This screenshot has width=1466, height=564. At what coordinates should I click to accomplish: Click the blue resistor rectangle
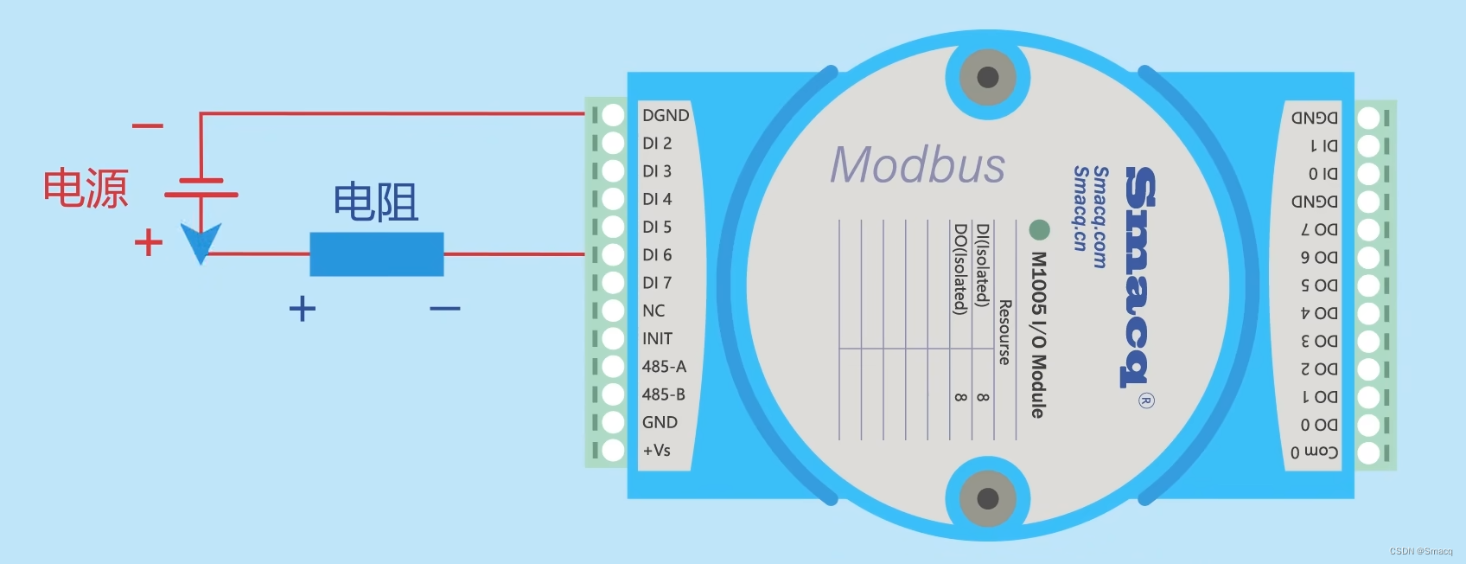click(377, 254)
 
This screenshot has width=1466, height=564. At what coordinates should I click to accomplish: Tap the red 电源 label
click(86, 188)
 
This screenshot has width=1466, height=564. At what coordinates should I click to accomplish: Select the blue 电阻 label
click(375, 202)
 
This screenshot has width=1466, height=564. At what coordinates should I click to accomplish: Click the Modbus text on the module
click(917, 164)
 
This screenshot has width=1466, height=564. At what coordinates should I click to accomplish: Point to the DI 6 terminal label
click(657, 255)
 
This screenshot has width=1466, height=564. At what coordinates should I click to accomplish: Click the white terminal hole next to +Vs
click(613, 451)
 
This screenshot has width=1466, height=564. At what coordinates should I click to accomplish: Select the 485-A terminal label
click(664, 367)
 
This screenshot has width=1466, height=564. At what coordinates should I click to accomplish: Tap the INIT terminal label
click(657, 339)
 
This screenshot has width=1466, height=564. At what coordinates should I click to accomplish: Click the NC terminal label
click(653, 311)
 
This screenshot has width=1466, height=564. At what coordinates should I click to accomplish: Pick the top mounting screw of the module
click(987, 77)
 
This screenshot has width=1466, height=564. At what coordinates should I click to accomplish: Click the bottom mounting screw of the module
click(987, 498)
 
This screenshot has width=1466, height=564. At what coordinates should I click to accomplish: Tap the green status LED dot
click(1039, 229)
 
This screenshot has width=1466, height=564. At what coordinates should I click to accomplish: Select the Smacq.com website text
click(1100, 217)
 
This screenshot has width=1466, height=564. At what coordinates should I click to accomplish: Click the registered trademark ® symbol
click(1146, 401)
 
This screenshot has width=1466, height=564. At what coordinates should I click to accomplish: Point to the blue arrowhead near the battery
click(201, 241)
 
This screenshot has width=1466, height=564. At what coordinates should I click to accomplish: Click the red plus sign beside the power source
click(149, 242)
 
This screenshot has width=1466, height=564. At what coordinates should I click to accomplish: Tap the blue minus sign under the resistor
click(444, 308)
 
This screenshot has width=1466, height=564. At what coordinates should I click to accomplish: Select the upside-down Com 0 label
click(1314, 452)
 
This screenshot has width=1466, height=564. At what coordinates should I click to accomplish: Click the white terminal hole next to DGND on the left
click(613, 115)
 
